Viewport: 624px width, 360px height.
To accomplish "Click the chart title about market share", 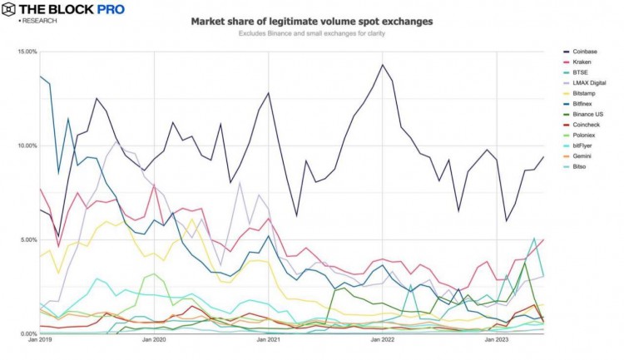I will (312, 21).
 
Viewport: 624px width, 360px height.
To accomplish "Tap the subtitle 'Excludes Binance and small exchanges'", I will (312, 34).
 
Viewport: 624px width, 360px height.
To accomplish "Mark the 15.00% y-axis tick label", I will (27, 52).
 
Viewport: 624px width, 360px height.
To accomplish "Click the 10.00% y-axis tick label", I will (27, 146).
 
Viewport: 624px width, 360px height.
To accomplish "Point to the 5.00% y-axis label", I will (28, 240).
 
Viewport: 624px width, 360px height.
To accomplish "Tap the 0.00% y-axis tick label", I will (28, 333).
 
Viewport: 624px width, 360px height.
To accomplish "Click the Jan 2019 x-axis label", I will (40, 341).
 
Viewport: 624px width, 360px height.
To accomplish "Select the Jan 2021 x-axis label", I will (268, 341).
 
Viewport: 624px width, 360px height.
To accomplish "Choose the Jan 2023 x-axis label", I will (497, 341).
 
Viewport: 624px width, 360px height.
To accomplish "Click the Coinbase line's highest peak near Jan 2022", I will (383, 64).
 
